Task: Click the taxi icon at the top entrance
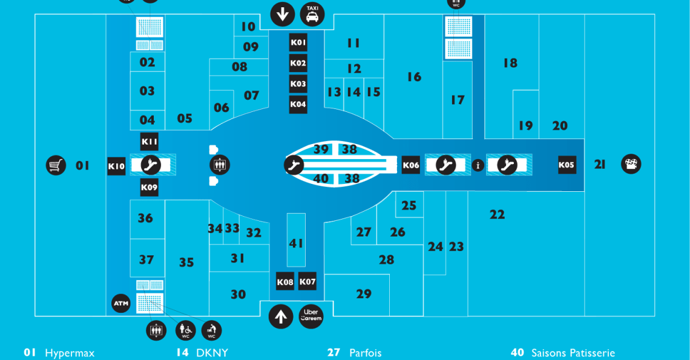[312, 14]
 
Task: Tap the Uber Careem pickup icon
[311, 316]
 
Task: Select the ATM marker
[121, 303]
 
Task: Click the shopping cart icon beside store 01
[56, 165]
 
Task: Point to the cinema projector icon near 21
[631, 164]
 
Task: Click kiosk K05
[567, 165]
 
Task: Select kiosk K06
[411, 165]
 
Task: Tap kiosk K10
[117, 166]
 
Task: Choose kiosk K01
[298, 43]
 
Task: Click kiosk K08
[285, 282]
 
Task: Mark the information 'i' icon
[478, 165]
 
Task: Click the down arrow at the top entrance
[282, 14]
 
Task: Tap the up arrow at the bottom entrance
[281, 316]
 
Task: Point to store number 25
[409, 206]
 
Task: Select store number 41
[296, 243]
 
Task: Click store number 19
[525, 126]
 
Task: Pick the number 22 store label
[498, 215]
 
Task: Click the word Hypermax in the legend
[70, 353]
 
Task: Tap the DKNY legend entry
[202, 353]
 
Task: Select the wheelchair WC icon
[186, 330]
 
